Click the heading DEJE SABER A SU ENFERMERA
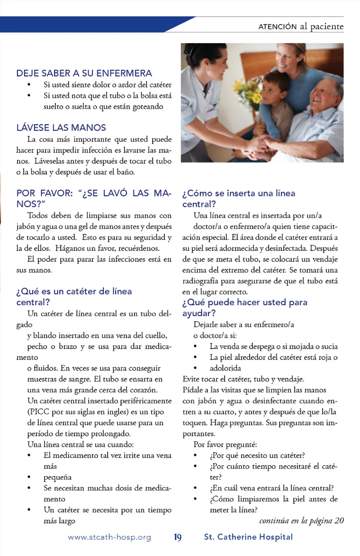[84, 73]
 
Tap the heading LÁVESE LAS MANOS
[61, 127]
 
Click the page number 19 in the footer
[178, 537]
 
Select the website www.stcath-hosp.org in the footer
[109, 537]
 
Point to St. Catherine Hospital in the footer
[248, 537]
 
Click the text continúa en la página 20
[301, 520]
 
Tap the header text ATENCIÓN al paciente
[301, 27]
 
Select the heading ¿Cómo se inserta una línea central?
[238, 198]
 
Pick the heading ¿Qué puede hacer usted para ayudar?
[244, 307]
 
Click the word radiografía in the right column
[200, 281]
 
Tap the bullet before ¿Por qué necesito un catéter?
[195, 456]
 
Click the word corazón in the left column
[144, 390]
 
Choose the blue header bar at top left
[82, 24]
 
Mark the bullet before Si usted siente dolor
[29, 85]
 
